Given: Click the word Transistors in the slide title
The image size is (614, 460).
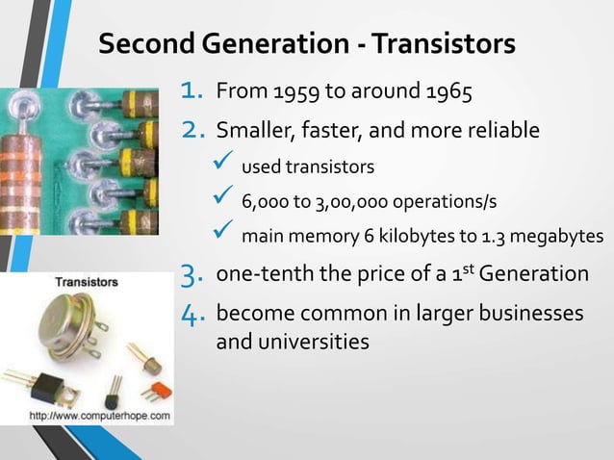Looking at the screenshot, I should [444, 45].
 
